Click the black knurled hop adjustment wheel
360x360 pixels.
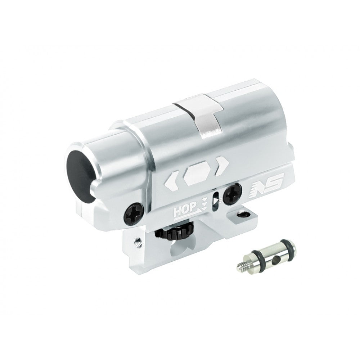click(x=175, y=231)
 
